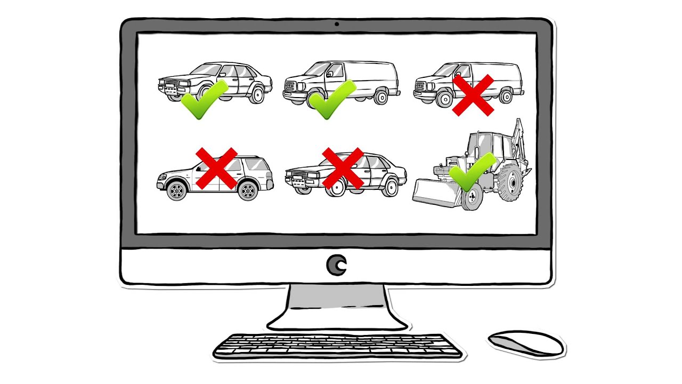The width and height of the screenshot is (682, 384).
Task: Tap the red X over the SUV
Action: [x=216, y=168]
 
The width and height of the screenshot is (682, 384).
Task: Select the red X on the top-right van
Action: [x=474, y=95]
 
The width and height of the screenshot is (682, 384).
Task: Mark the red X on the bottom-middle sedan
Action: [x=343, y=168]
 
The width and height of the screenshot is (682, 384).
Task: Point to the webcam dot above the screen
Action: [x=337, y=24]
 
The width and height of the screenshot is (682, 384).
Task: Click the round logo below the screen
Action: [x=337, y=265]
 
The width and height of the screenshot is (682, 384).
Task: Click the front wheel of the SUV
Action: [x=177, y=190]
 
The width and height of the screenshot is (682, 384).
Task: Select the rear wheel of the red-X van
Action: [x=506, y=97]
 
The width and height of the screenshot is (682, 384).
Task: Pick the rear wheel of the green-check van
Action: [x=381, y=97]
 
